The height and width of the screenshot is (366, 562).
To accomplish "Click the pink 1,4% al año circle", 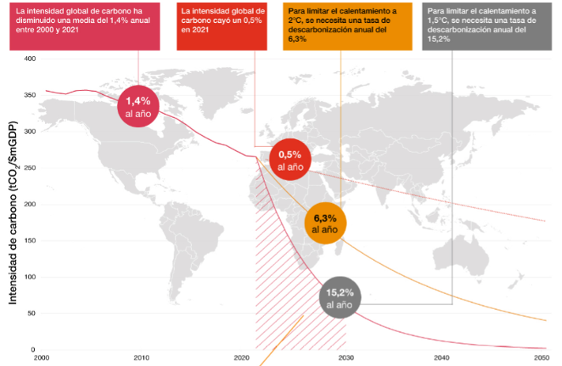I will point(138,107).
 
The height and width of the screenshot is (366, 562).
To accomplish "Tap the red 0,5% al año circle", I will point(291,160).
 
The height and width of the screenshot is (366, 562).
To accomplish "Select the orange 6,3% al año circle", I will point(325,223).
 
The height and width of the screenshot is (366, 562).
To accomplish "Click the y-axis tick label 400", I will point(30,59).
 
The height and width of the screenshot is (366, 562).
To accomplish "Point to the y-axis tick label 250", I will point(30,168).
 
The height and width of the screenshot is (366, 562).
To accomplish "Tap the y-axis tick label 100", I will point(30,277).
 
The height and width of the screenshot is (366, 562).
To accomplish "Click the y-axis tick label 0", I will point(34,349).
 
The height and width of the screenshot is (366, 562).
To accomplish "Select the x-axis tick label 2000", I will point(42,358).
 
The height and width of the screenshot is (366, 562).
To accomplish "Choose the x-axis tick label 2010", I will point(142,358).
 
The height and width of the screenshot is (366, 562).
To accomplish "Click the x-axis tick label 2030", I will point(345,358).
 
